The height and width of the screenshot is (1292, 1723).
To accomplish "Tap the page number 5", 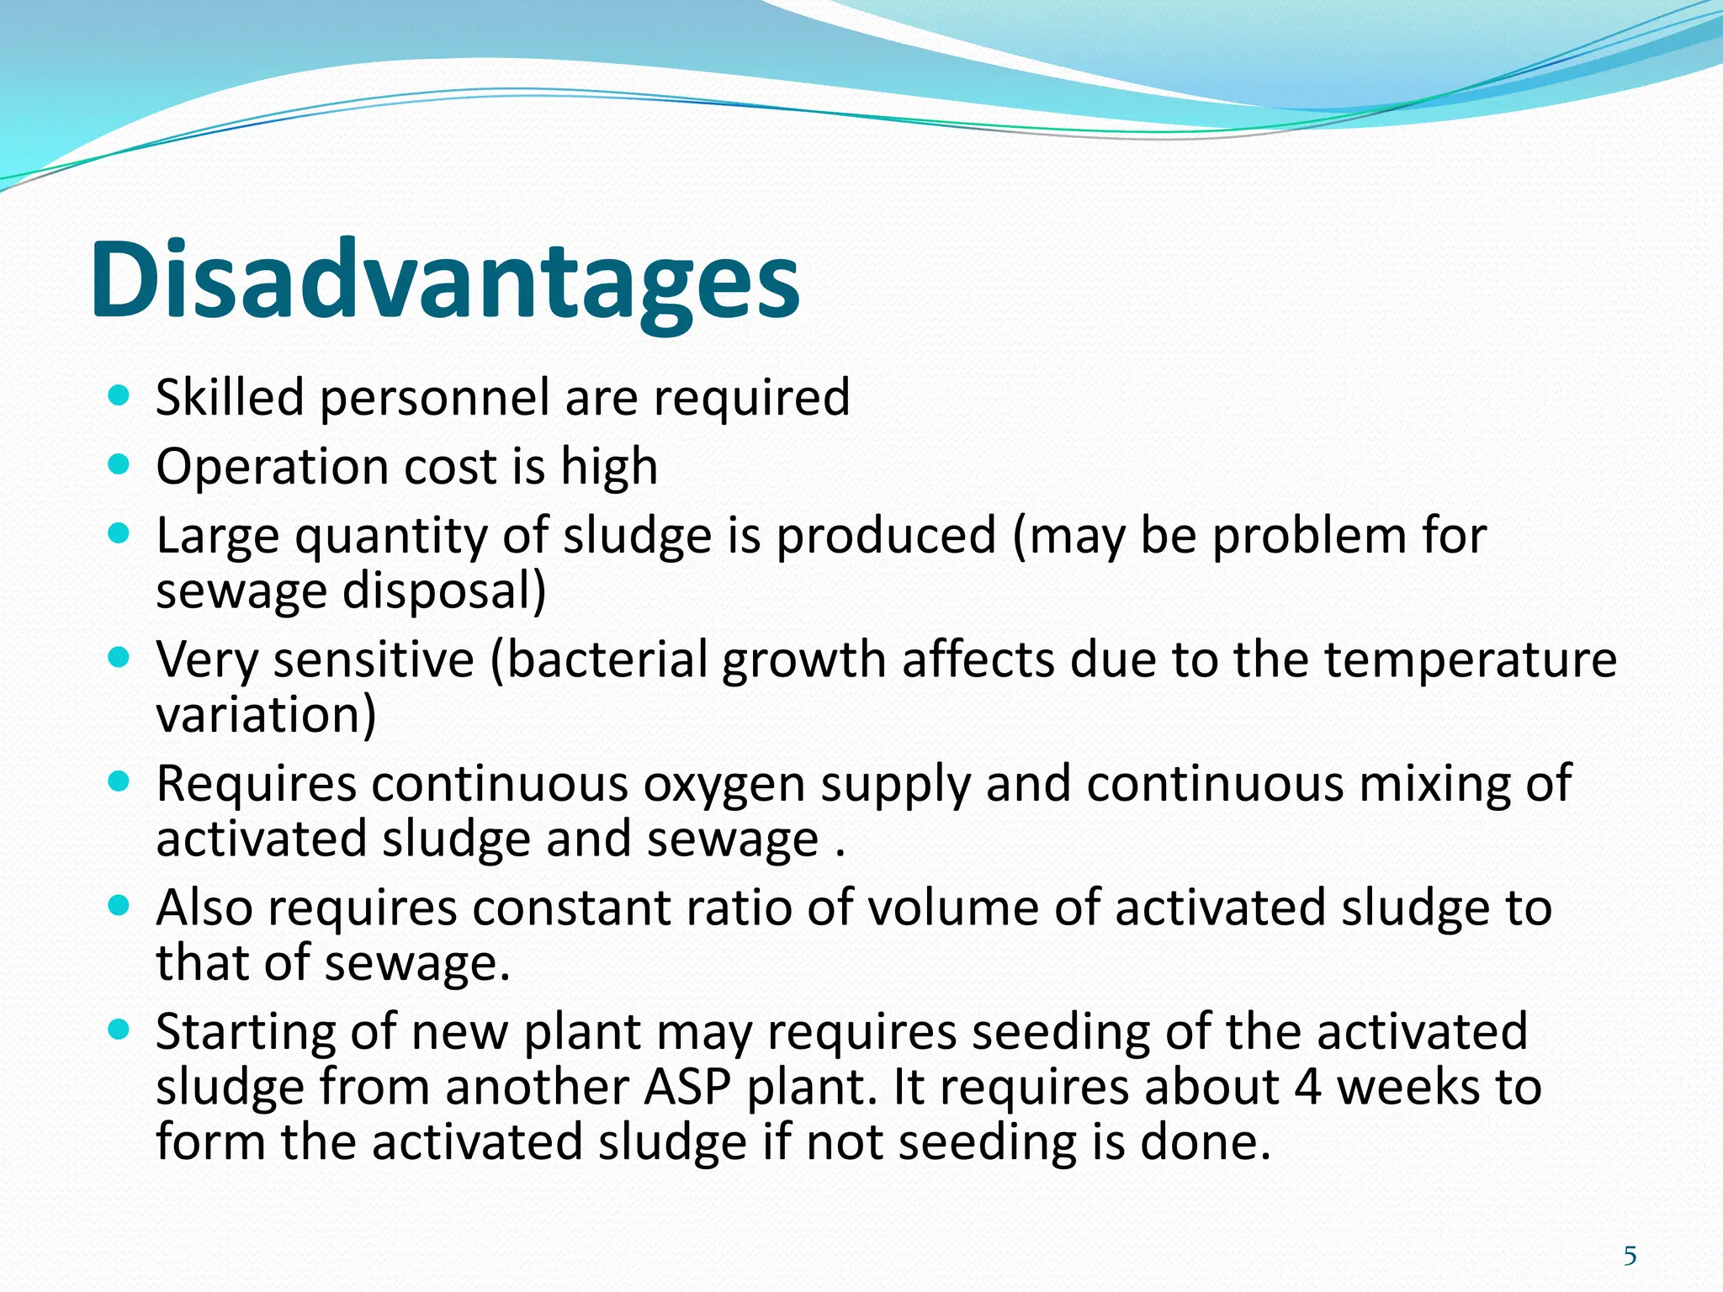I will click(x=1630, y=1256).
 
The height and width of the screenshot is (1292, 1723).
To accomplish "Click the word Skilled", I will click(x=230, y=397).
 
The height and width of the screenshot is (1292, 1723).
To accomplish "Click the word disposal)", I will click(x=444, y=591).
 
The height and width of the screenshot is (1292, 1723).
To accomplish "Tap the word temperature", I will click(x=1470, y=660).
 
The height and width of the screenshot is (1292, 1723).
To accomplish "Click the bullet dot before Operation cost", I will click(x=119, y=465).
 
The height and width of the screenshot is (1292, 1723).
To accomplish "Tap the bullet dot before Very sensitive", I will click(x=119, y=658).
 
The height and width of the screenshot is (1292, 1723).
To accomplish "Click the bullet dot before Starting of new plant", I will click(x=119, y=1030).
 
